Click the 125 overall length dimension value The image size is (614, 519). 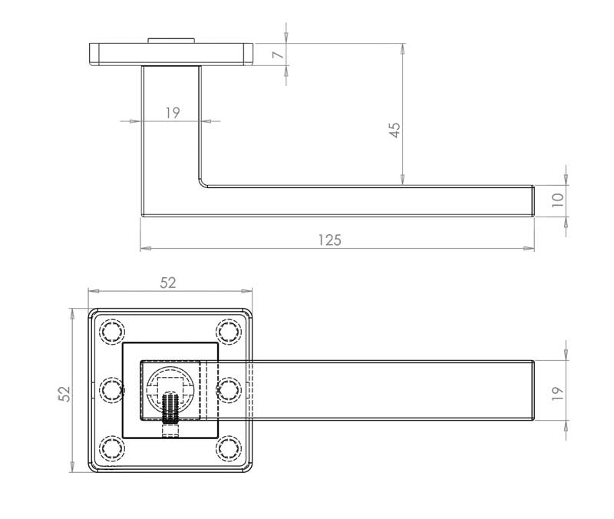(x=329, y=240)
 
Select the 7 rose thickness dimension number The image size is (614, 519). (x=278, y=55)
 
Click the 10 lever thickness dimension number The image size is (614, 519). (x=558, y=200)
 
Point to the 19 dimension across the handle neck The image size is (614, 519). (x=172, y=113)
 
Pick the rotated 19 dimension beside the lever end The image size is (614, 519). (x=558, y=392)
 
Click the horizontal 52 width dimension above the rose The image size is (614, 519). (x=168, y=283)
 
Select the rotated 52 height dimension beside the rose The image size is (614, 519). (x=65, y=393)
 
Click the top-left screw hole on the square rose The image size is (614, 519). (x=112, y=332)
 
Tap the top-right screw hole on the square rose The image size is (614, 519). (x=228, y=332)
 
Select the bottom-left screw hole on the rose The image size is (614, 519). (x=112, y=448)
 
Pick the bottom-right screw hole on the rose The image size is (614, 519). (x=228, y=448)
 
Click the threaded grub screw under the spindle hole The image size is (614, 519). (x=170, y=407)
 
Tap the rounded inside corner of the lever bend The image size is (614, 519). (x=204, y=183)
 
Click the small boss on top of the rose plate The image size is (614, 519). (x=170, y=38)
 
